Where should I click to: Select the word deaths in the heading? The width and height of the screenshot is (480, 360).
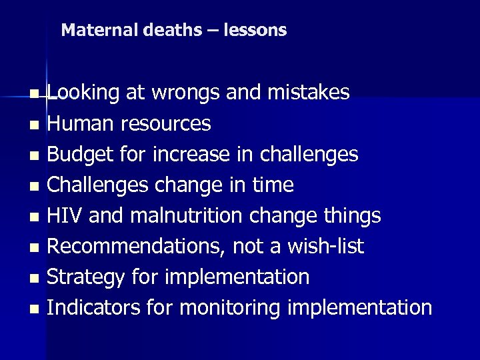157,30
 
